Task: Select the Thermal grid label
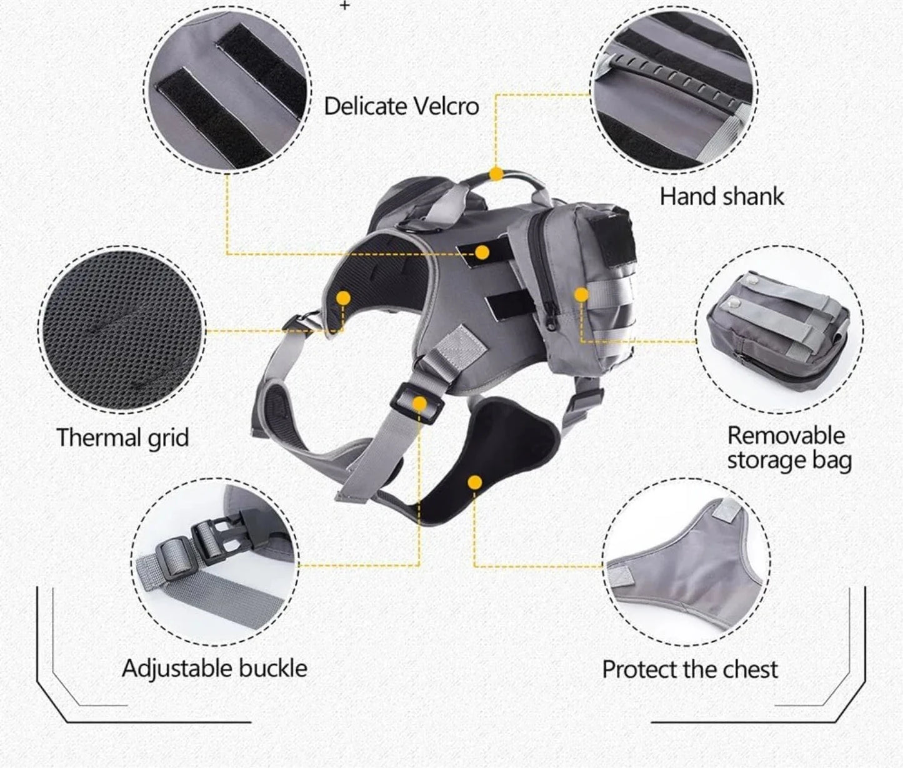tap(122, 438)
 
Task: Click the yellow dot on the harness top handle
tap(496, 174)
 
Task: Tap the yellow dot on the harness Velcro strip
tap(482, 252)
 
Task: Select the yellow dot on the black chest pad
tap(474, 483)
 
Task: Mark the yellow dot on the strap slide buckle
tap(419, 403)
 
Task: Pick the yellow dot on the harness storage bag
tap(581, 295)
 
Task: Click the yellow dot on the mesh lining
tap(343, 298)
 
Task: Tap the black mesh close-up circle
tap(121, 330)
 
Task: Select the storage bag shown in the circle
tap(777, 332)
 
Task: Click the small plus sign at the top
tap(345, 5)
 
